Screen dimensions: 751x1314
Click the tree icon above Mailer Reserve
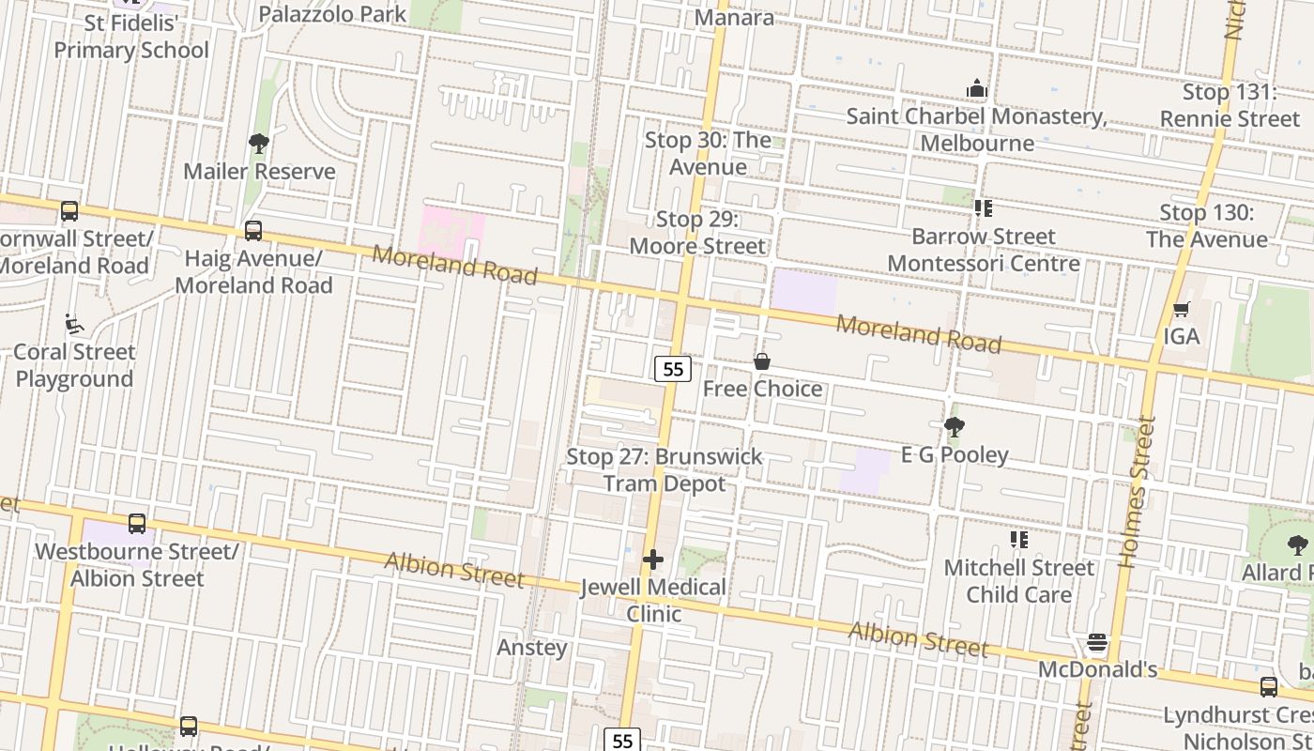[x=259, y=144]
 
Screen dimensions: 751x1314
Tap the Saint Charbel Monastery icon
[x=977, y=89]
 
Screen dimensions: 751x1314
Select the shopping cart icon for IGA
[x=1182, y=309]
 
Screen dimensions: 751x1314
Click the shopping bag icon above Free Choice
[x=762, y=361]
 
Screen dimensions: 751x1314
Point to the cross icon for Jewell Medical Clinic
[x=653, y=560]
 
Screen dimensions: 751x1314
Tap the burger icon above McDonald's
[x=1097, y=643]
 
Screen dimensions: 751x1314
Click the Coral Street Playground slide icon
[x=74, y=325]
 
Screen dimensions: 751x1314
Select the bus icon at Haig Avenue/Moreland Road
[x=252, y=231]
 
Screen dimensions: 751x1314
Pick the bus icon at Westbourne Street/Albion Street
[x=137, y=524]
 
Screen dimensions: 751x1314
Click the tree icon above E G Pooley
[x=955, y=428]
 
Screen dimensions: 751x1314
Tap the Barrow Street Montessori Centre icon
[x=983, y=208]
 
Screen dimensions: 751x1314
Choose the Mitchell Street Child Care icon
[x=1018, y=540]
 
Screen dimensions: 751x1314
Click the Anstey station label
[x=532, y=647]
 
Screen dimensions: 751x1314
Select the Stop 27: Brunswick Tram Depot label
[x=665, y=469]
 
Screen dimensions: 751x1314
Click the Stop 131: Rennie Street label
[x=1230, y=105]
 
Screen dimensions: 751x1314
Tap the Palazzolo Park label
[x=332, y=14]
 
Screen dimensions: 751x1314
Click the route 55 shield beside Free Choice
[x=673, y=369]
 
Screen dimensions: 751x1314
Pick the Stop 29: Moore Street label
[x=697, y=233]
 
